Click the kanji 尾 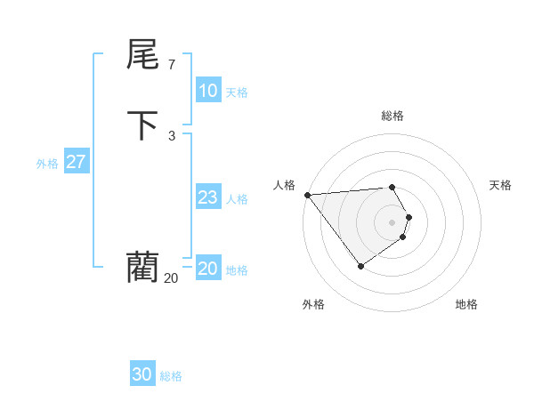(142, 55)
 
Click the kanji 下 (142, 126)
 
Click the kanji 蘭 (142, 267)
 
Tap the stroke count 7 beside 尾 (171, 65)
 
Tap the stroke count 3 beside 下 (171, 135)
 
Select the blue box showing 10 (207, 91)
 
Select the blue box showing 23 (207, 197)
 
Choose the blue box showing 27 (76, 162)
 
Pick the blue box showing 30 (142, 374)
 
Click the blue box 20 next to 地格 (207, 269)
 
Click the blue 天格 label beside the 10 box (237, 92)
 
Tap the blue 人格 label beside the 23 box (237, 198)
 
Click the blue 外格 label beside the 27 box (47, 163)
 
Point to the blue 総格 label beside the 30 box (171, 375)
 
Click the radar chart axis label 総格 (392, 116)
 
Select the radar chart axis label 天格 (500, 185)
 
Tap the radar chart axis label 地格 (466, 304)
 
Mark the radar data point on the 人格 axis (307, 195)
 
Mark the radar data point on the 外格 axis (360, 266)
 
